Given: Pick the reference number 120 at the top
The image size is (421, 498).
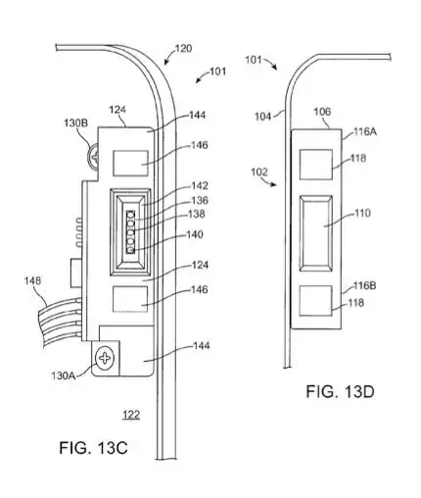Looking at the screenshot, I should point(182,48).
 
